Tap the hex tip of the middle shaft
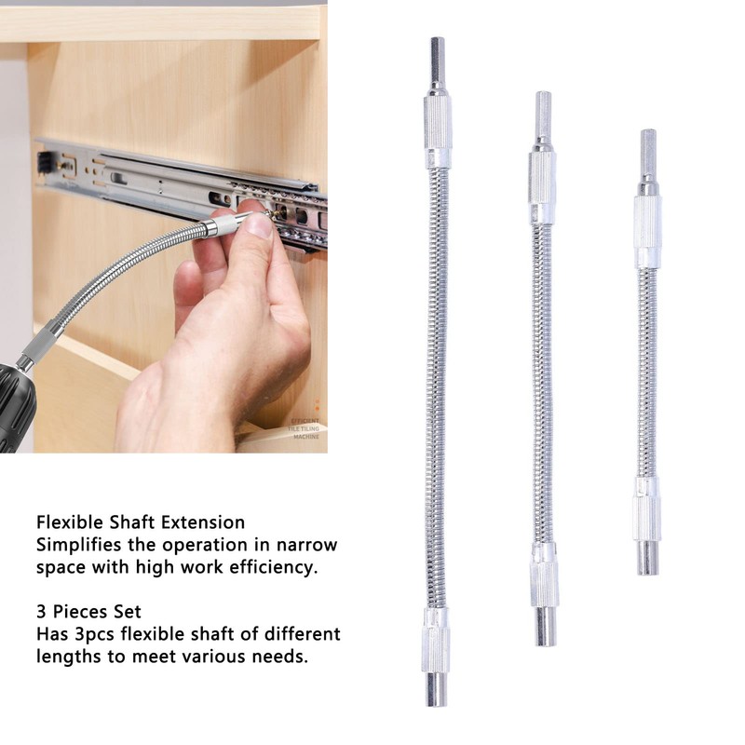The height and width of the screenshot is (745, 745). tap(542, 115)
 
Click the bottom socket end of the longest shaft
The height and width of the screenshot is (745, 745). tap(436, 687)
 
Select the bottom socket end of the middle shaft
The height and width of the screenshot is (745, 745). tap(545, 627)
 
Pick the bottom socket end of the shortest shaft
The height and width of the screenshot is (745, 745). tap(647, 557)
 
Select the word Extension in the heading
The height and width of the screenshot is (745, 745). tap(202, 522)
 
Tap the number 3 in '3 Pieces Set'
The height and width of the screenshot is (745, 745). tap(42, 612)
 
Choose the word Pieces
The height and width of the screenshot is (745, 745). tap(81, 612)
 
